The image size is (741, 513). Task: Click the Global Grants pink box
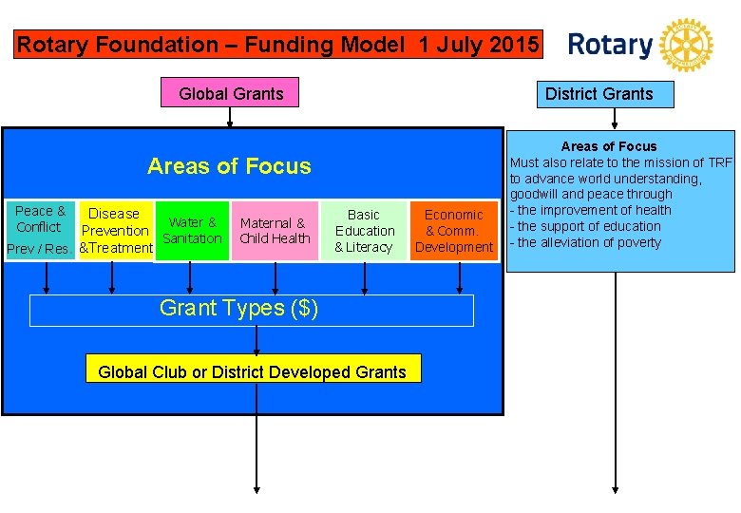click(x=231, y=93)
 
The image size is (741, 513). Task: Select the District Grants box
click(x=598, y=94)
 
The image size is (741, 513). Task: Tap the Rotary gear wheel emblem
click(x=685, y=45)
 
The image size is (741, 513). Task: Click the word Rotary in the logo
click(x=610, y=45)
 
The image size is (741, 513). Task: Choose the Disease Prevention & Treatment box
click(x=116, y=231)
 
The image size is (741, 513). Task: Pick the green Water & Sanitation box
click(x=193, y=230)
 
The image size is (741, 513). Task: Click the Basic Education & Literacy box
click(x=364, y=231)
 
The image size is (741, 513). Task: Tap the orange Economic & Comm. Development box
click(x=454, y=231)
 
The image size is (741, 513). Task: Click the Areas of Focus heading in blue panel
click(x=229, y=166)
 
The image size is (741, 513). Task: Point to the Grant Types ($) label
click(x=238, y=308)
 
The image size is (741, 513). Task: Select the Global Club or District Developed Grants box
click(x=252, y=371)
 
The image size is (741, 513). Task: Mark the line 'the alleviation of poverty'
click(x=586, y=242)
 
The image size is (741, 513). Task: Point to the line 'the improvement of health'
click(x=590, y=210)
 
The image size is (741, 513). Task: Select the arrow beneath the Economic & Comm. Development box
click(x=460, y=276)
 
